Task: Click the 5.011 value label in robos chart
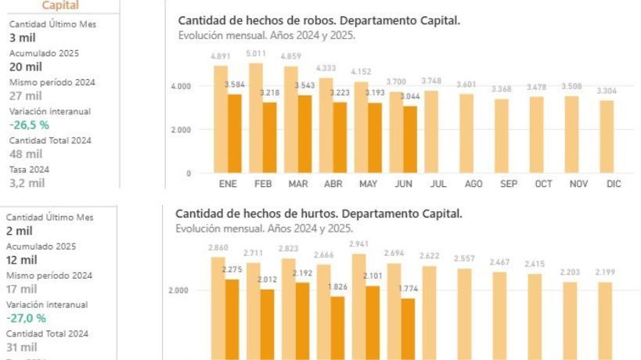pos(254,54)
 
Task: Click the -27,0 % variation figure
pos(27,319)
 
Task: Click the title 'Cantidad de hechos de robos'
pos(319,20)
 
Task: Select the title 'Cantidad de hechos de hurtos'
pos(319,214)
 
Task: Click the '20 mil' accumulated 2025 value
pos(20,67)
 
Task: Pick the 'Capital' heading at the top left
pos(60,5)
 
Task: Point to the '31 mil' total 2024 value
pos(22,347)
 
